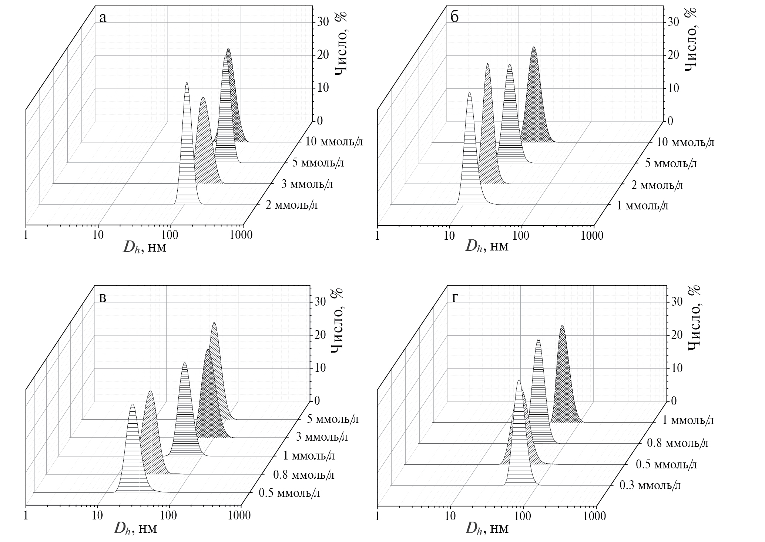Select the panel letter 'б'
[x=454, y=17]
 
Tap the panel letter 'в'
[x=103, y=298]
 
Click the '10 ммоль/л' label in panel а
[x=335, y=142]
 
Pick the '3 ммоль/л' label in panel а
[x=307, y=184]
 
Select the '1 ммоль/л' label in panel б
[x=642, y=205]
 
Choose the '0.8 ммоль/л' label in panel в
[x=303, y=475]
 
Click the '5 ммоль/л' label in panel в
[x=332, y=419]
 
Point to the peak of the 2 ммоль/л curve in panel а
[x=187, y=83]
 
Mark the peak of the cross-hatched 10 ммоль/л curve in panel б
[x=533, y=47]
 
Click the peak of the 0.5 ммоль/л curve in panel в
[x=132, y=405]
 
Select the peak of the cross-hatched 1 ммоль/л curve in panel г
[x=562, y=326]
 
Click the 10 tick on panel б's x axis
[x=449, y=235]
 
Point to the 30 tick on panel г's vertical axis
[x=678, y=302]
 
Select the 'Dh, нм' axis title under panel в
[x=135, y=528]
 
